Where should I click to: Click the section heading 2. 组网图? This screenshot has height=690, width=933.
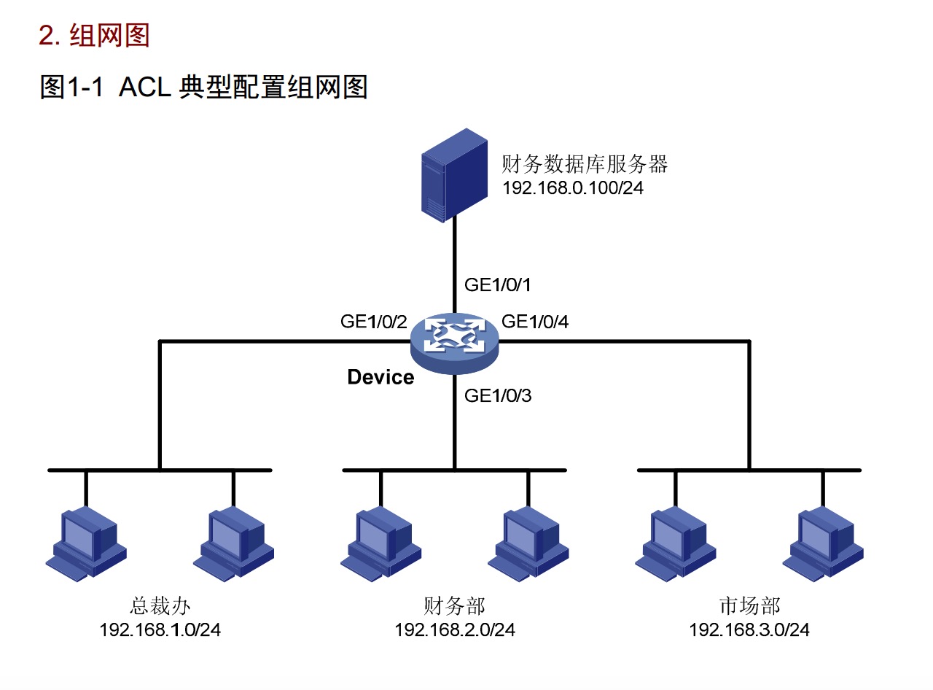94,35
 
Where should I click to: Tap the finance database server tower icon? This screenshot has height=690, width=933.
453,175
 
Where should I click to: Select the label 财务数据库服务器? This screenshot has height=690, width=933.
585,164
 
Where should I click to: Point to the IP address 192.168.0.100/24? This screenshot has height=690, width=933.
573,188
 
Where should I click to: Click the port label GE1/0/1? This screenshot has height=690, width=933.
497,284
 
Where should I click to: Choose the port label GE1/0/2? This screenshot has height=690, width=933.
373,322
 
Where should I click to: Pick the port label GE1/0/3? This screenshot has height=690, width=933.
498,396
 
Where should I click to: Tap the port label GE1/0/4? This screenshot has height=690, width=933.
536,322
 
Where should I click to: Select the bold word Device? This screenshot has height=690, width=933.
380,377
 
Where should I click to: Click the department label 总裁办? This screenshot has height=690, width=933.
160,605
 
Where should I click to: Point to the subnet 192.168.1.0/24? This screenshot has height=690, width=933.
160,629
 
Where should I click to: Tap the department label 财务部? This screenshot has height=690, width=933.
454,605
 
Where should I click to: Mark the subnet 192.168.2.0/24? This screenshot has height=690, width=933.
455,629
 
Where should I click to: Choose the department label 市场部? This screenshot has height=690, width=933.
749,605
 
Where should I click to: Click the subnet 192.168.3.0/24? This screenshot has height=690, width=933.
749,629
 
